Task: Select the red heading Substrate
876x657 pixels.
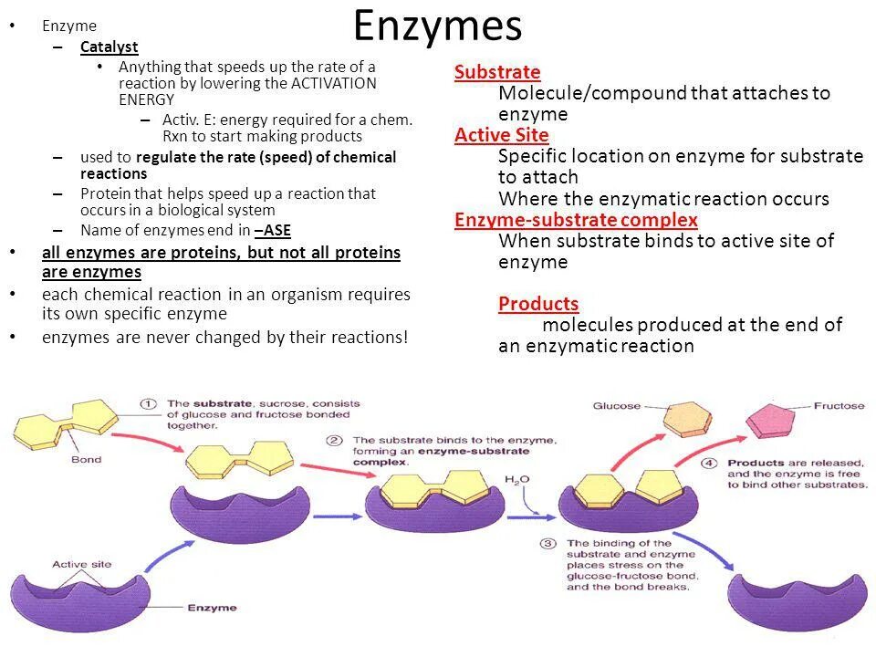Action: [x=497, y=72]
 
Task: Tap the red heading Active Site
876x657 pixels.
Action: [x=502, y=135]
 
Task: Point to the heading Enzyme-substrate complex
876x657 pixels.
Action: [x=576, y=220]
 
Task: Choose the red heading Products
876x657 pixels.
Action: [x=538, y=304]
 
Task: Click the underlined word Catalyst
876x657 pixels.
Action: [x=109, y=47]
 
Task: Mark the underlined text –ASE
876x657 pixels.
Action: [x=273, y=230]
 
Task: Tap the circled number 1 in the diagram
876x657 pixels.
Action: [x=148, y=403]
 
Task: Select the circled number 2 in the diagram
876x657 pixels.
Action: [x=335, y=440]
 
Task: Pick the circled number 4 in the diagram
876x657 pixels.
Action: [x=709, y=463]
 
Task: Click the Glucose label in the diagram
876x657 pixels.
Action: [x=616, y=406]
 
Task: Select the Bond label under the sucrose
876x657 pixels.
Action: [x=86, y=459]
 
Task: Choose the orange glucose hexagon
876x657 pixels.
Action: [x=685, y=419]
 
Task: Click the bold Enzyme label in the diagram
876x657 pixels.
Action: [x=212, y=608]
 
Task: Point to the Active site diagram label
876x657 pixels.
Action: [x=81, y=564]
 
